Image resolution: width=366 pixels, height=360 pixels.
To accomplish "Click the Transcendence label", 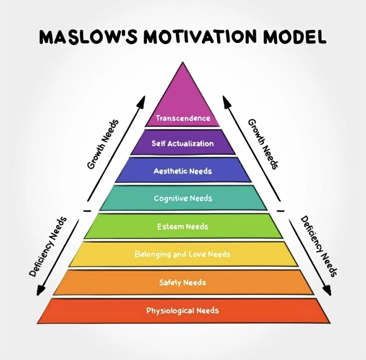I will pyautogui.click(x=183, y=118).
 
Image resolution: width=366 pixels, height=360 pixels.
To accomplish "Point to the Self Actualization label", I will pyautogui.click(x=183, y=143).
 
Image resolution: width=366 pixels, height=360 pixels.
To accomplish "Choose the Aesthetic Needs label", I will pyautogui.click(x=183, y=171).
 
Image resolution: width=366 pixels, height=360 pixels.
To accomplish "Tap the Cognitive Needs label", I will pyautogui.click(x=183, y=198).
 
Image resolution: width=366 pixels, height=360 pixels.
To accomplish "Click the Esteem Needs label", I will pyautogui.click(x=183, y=226).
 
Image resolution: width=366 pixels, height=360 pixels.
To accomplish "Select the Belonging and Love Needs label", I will pyautogui.click(x=182, y=254).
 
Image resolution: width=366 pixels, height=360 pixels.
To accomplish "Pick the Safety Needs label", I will pyautogui.click(x=183, y=282).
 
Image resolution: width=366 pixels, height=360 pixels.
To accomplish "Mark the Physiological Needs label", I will pyautogui.click(x=183, y=311).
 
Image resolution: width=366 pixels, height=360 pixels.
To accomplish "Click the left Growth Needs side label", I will pyautogui.click(x=103, y=144).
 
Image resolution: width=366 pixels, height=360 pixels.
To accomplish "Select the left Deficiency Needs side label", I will pyautogui.click(x=48, y=247).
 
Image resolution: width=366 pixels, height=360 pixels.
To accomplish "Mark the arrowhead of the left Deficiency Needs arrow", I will pyautogui.click(x=40, y=291).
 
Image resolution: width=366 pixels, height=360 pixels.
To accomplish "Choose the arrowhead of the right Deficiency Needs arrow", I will pyautogui.click(x=327, y=291).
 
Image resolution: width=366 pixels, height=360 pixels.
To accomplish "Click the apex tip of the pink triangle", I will pyautogui.click(x=183, y=63).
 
